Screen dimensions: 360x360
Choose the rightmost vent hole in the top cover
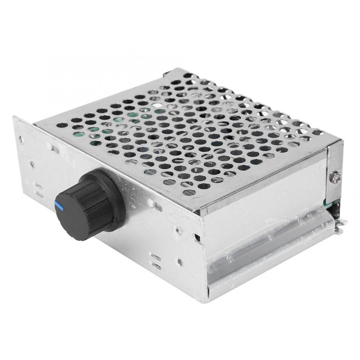(318, 132)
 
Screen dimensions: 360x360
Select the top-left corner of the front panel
(14, 117)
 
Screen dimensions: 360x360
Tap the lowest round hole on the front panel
(180, 263)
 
